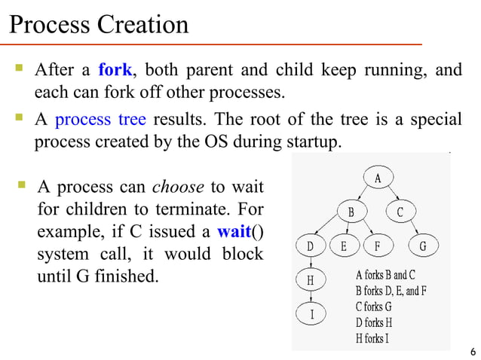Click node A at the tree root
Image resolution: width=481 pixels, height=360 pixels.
(378, 178)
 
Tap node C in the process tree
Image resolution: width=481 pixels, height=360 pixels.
(400, 212)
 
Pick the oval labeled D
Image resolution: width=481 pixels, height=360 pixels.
(310, 246)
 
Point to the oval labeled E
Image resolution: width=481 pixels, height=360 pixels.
(344, 246)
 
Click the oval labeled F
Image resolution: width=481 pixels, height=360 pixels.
(378, 246)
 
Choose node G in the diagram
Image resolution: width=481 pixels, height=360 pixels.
(423, 246)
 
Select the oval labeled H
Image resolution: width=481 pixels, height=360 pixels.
(310, 281)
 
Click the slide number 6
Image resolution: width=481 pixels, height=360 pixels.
(472, 352)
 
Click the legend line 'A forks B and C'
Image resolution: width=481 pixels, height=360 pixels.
(385, 274)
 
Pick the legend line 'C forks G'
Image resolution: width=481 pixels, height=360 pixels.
(373, 307)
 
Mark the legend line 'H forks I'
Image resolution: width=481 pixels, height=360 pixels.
(372, 338)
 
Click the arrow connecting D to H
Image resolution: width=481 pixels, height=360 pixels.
(310, 264)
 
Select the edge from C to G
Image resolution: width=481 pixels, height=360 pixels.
(412, 229)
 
